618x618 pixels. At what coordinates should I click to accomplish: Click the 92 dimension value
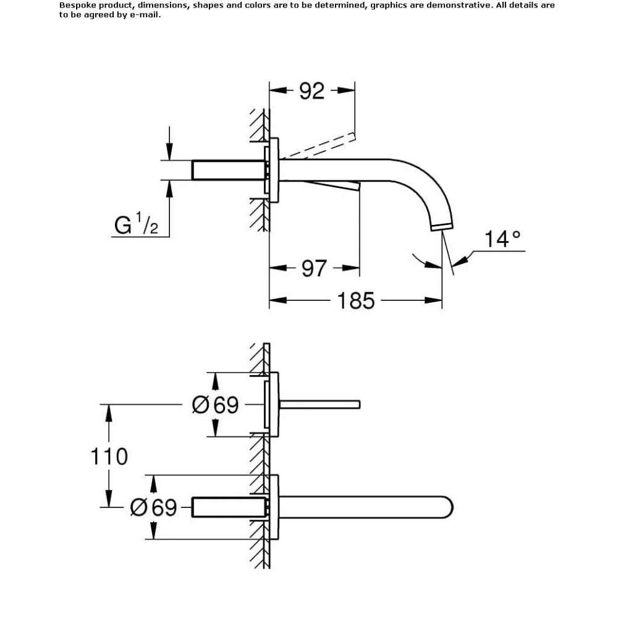[311, 91]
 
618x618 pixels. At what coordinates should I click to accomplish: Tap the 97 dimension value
[314, 268]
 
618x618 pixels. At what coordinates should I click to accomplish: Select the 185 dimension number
[356, 301]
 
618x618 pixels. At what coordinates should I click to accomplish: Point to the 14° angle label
[502, 239]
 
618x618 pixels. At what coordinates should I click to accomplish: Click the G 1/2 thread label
[137, 224]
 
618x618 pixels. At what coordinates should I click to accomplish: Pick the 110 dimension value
[109, 457]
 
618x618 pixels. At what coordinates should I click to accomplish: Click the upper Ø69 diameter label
[215, 405]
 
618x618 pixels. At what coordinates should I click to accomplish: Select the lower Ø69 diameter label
[153, 507]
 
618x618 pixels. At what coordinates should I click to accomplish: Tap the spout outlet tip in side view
[442, 227]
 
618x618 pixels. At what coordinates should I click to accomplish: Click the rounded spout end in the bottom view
[449, 507]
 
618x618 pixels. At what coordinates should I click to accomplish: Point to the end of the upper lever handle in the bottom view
[359, 405]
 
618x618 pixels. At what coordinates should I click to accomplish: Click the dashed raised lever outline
[317, 146]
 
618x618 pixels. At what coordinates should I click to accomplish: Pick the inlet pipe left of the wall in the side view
[228, 171]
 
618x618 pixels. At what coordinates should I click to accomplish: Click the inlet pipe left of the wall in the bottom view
[229, 507]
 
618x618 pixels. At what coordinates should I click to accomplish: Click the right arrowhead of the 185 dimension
[433, 301]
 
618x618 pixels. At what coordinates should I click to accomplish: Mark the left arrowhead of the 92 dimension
[278, 91]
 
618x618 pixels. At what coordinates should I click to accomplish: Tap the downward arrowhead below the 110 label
[109, 499]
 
